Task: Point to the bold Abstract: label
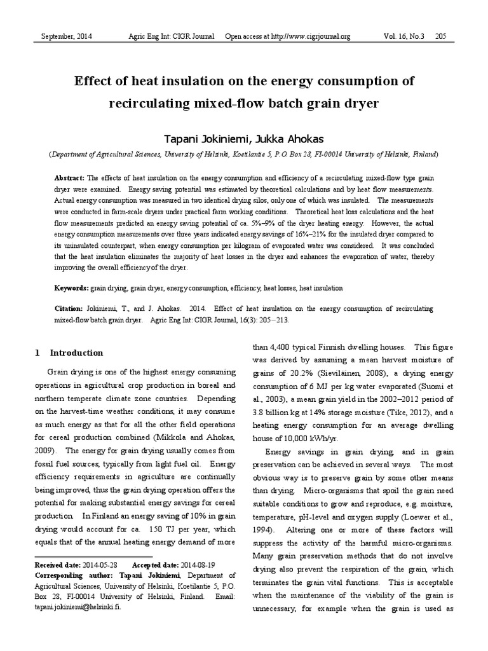click(70, 178)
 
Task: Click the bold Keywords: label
click(71, 288)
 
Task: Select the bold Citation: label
click(70, 309)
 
